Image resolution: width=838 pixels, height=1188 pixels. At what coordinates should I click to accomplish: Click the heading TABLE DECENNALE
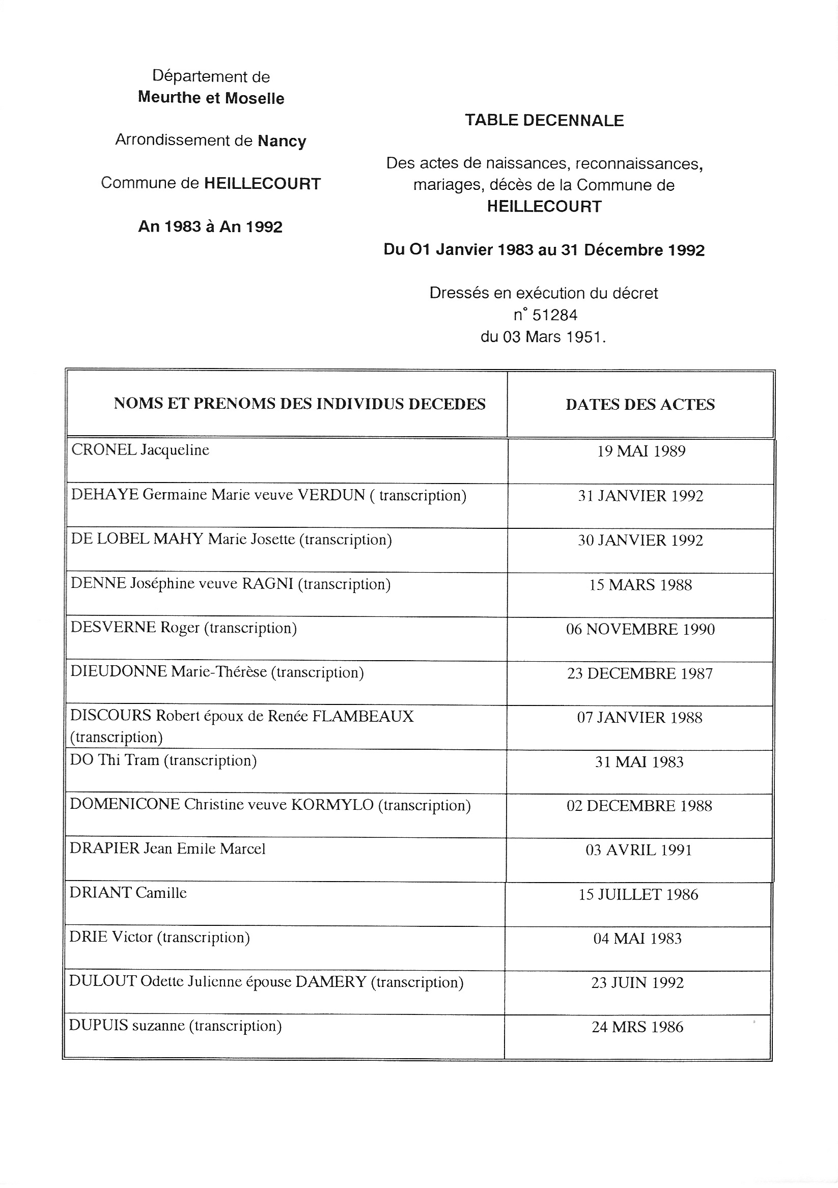tap(544, 121)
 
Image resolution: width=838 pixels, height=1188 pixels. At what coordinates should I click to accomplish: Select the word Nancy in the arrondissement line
tap(282, 142)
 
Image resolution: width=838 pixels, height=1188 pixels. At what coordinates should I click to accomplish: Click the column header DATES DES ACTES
tap(640, 404)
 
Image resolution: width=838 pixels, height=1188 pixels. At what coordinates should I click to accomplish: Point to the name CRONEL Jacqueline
tap(140, 450)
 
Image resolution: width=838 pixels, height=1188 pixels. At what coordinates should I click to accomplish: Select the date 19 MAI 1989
tap(641, 451)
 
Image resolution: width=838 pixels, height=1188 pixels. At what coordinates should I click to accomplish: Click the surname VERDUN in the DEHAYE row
tap(331, 495)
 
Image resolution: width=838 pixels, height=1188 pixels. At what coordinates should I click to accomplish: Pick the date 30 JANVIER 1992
tap(640, 540)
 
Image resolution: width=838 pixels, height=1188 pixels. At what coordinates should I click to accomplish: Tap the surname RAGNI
tap(268, 584)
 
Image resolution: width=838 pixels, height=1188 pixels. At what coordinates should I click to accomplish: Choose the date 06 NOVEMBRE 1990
tap(640, 629)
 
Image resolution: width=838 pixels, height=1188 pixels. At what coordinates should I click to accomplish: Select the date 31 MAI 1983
tap(639, 761)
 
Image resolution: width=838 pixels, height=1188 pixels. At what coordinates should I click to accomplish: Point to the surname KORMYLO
tap(332, 805)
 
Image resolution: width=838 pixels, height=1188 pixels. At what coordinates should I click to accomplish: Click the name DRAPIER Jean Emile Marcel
tap(167, 849)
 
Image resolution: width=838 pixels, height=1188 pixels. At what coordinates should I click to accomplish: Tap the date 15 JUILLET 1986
tap(638, 895)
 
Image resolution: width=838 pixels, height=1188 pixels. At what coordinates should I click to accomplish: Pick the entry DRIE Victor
tap(111, 937)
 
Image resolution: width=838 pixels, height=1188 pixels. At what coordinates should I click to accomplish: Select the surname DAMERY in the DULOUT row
tap(330, 981)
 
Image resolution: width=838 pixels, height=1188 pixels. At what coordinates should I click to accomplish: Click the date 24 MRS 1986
tap(637, 1027)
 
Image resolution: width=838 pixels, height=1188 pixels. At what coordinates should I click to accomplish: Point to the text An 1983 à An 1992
tap(210, 227)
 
